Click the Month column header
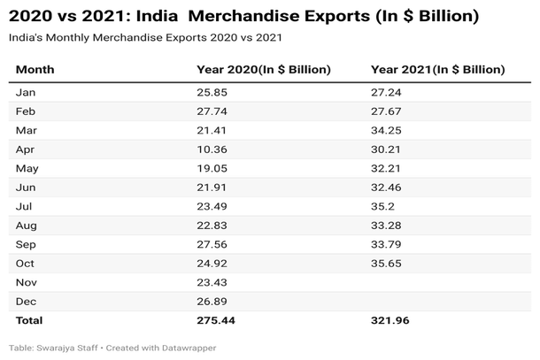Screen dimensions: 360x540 [x=35, y=69]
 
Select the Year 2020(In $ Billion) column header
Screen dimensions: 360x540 [x=264, y=69]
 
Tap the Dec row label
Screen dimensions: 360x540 [x=26, y=300]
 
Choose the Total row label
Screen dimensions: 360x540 [x=29, y=319]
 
